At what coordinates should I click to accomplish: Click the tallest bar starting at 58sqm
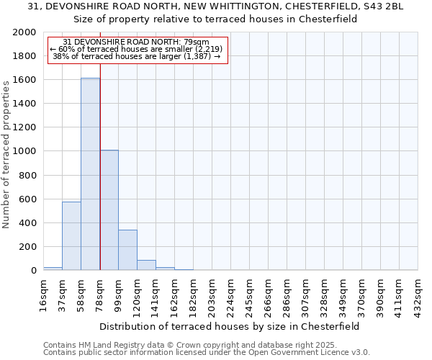pyautogui.click(x=90, y=174)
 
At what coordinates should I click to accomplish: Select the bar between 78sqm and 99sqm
pyautogui.click(x=109, y=210)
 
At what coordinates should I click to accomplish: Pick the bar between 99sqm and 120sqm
pyautogui.click(x=127, y=250)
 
